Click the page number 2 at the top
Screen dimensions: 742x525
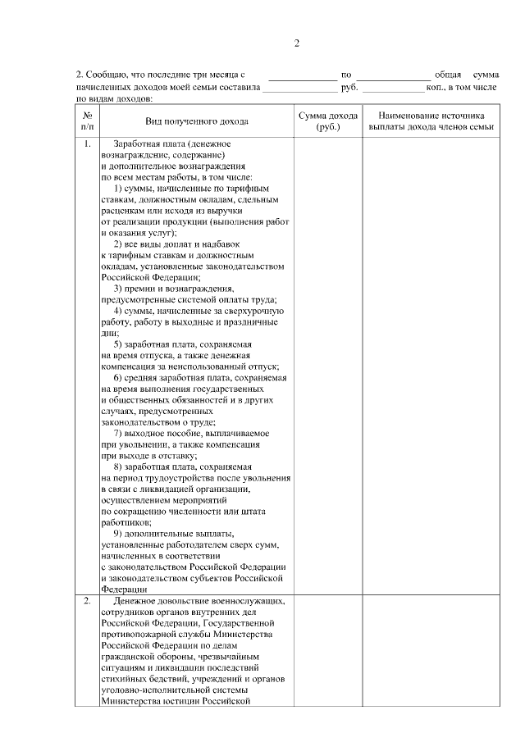(x=296, y=43)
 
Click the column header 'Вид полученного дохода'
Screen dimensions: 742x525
(x=197, y=121)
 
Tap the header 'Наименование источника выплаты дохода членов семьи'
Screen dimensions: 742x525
(x=431, y=121)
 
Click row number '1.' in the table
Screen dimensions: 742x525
(x=88, y=145)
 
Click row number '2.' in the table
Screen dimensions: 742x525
(x=88, y=601)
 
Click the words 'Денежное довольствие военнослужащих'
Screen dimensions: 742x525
(x=199, y=601)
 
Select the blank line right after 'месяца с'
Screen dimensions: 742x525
(x=303, y=76)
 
